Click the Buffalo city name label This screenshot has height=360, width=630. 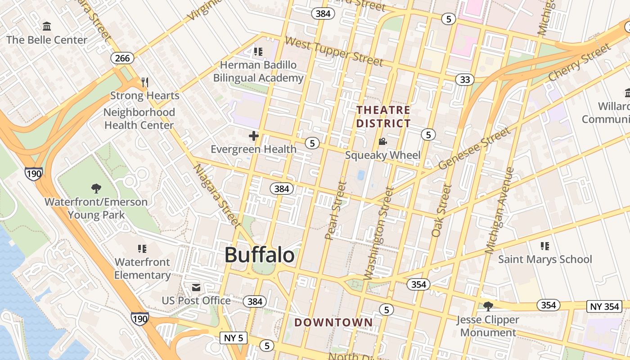[x=260, y=255]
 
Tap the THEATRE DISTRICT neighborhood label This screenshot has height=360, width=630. [x=383, y=117]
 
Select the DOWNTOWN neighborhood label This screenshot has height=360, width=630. [x=333, y=322]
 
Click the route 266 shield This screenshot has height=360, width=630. [x=122, y=58]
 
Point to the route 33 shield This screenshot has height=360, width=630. [x=464, y=80]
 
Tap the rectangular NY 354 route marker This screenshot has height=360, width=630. [x=605, y=306]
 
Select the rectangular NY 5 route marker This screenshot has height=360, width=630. [x=233, y=337]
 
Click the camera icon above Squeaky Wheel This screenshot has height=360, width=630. [x=382, y=142]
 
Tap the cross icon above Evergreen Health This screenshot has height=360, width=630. [x=254, y=135]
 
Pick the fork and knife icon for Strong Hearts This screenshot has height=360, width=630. [x=144, y=82]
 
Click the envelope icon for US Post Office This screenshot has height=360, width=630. [x=196, y=287]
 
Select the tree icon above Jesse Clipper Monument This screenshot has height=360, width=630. [x=488, y=306]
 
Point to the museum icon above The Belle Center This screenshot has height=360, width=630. [x=47, y=26]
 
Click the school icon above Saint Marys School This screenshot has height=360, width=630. [x=545, y=246]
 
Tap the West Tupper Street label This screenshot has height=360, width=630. [x=334, y=51]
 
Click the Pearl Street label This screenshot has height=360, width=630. [x=336, y=211]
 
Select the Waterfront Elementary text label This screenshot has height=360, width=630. [x=142, y=268]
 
